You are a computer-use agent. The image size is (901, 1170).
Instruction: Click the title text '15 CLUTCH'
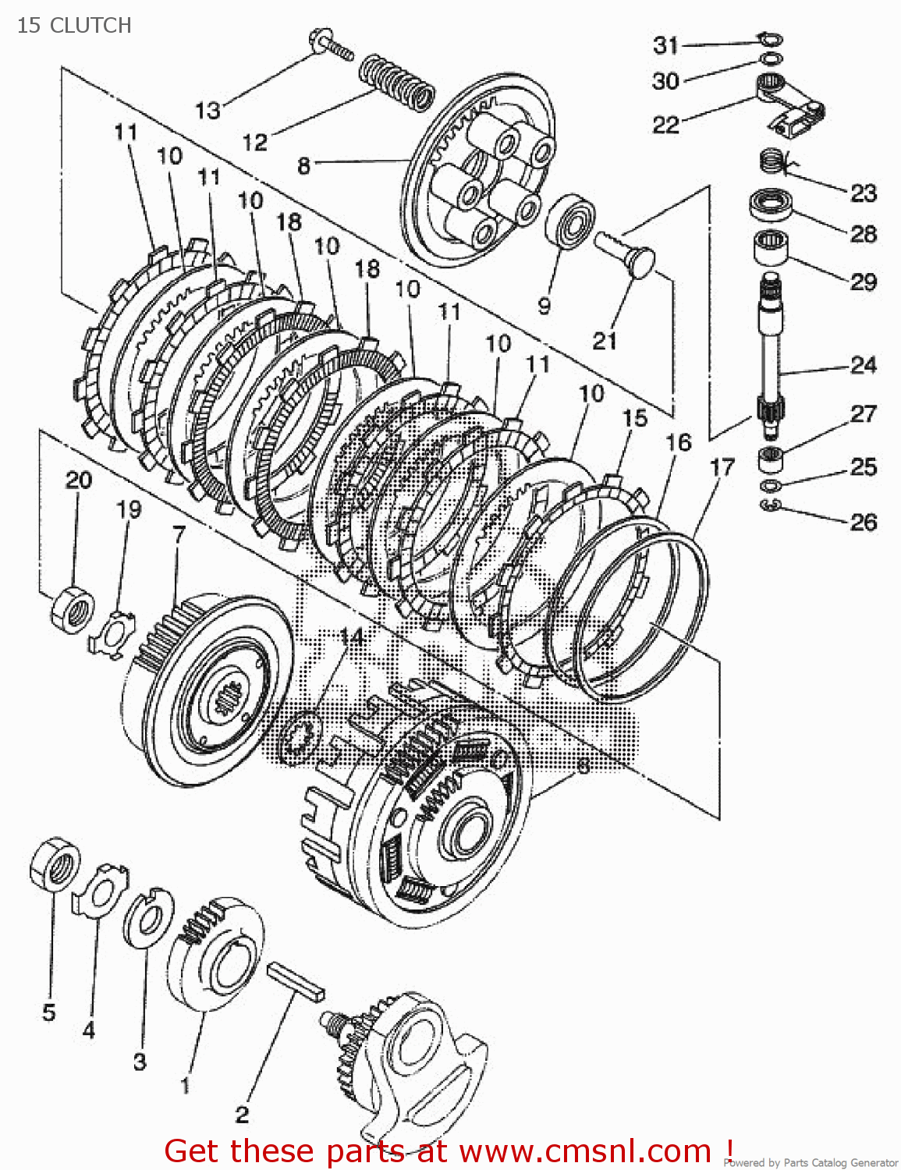point(74,25)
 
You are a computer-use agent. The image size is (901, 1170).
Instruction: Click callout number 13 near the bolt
point(208,110)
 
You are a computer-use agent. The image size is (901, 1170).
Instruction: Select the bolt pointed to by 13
point(331,44)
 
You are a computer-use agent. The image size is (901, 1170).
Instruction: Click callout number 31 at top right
point(665,45)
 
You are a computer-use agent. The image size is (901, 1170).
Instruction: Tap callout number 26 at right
point(864,522)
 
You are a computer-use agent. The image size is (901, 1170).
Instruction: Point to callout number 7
point(179,535)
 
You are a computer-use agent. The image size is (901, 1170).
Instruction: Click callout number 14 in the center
point(352,637)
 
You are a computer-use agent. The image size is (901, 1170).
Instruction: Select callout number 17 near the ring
point(722,467)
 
